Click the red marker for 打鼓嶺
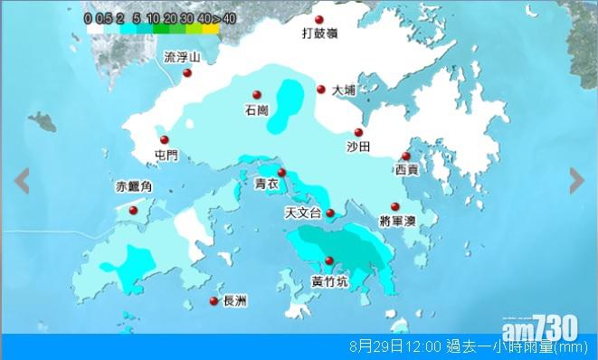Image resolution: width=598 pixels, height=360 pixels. [318, 21]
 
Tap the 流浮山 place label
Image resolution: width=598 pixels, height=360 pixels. [181, 57]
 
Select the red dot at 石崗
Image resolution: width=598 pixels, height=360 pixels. [257, 94]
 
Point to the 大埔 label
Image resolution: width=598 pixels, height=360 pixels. [344, 90]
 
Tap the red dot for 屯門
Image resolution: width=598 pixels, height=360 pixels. [165, 139]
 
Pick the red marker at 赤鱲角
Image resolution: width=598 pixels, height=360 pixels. [134, 210]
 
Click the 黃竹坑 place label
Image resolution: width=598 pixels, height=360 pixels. [328, 280]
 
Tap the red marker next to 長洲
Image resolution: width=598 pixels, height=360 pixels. [214, 301]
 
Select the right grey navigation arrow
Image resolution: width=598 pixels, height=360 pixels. [576, 181]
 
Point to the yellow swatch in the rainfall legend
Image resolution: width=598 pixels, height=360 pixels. [211, 28]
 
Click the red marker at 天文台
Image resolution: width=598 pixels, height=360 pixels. [330, 213]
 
